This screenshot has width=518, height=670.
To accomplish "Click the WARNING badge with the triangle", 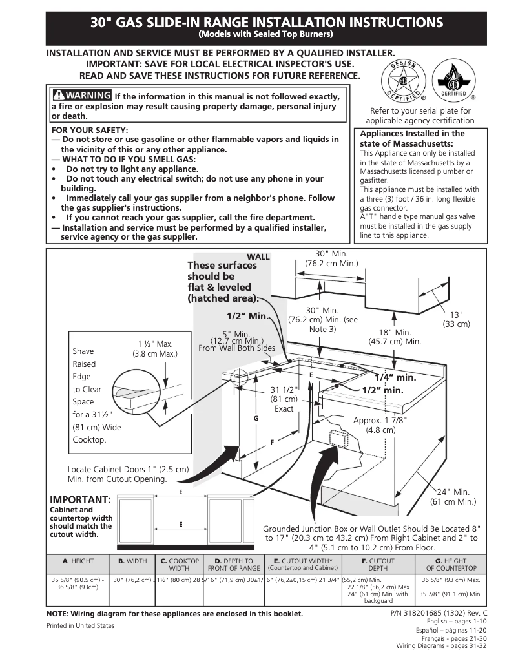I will point(81,96).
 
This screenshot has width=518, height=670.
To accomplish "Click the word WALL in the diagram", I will point(258,257).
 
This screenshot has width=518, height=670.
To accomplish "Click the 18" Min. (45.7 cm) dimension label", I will point(395,337).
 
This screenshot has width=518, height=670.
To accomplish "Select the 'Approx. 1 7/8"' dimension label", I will point(380,425).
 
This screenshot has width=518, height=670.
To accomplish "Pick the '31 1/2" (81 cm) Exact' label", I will point(284,399).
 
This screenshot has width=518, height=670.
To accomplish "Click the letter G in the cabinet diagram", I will point(256,419).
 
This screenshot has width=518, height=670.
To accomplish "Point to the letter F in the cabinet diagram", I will point(272,442).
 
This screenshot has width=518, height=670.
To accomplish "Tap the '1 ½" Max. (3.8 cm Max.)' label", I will point(154,349).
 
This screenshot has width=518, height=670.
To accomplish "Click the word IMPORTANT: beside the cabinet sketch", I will point(80,499).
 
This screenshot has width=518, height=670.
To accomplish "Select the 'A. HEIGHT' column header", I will point(78,561).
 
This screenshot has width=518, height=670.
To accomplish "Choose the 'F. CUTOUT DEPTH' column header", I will point(377,565).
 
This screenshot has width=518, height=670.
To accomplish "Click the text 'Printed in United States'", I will point(80,625).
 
